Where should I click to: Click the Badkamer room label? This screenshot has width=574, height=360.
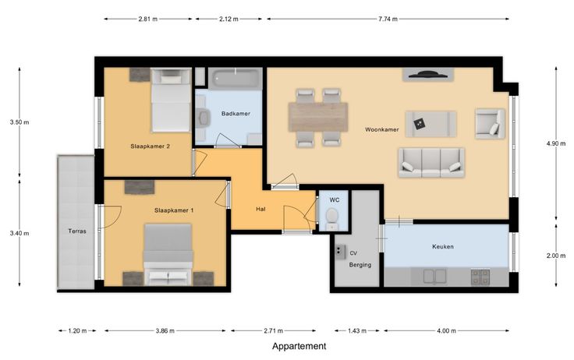236,114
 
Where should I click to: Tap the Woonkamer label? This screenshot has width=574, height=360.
382,129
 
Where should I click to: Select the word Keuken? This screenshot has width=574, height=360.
443,246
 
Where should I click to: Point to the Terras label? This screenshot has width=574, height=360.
77,231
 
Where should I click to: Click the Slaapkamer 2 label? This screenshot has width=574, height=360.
150,146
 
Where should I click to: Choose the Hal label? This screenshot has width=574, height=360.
260,210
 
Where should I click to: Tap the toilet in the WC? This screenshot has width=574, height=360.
332,218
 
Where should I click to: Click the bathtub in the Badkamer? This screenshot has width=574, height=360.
236,79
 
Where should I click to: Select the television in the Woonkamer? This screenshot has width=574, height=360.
428,74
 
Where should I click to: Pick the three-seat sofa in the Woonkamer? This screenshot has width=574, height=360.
431,163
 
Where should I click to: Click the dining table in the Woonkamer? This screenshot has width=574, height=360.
318,117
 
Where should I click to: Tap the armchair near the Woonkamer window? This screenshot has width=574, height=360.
490,124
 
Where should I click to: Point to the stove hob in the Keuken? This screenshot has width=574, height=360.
480,277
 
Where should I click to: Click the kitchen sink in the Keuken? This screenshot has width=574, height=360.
434,277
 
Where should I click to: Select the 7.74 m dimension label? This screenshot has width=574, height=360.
388,19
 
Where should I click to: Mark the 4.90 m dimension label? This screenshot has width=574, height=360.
556,144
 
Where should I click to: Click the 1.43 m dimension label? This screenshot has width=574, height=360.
357,331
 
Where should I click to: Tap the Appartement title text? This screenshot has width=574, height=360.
299,346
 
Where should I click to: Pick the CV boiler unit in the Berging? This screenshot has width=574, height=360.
340,252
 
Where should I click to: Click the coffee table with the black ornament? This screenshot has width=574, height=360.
430,125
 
